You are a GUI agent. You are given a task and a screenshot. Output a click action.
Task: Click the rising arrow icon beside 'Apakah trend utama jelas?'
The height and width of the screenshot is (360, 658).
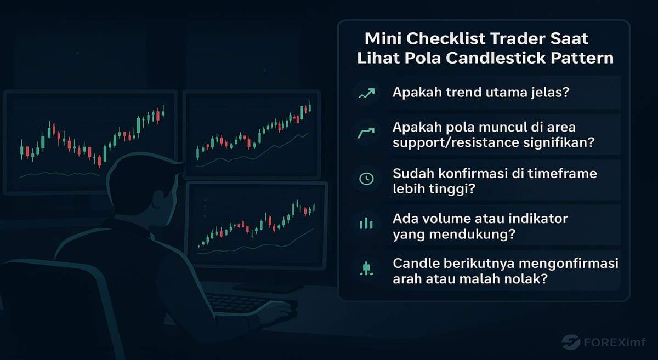pyautogui.click(x=366, y=94)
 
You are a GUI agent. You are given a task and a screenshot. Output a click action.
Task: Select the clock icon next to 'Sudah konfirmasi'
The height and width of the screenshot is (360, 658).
pyautogui.click(x=366, y=179)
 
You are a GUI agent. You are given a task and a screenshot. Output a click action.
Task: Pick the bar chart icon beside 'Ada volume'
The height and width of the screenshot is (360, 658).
pyautogui.click(x=366, y=224)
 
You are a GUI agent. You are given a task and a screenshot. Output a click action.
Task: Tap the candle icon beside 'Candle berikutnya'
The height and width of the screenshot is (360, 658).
pyautogui.click(x=366, y=268)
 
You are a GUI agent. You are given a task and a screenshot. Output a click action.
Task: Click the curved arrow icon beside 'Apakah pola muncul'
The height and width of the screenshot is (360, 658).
pyautogui.click(x=366, y=134)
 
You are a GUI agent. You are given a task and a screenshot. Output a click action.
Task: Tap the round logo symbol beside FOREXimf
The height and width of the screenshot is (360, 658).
pyautogui.click(x=571, y=343)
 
